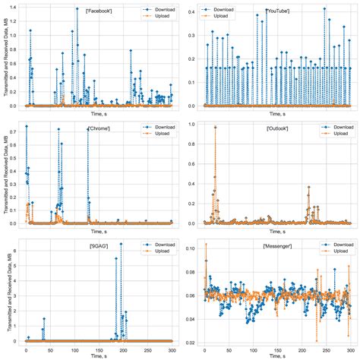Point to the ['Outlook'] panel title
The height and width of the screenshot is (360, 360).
277,128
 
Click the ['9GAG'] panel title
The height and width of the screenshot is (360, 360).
99,248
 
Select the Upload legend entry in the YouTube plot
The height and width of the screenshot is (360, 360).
220,16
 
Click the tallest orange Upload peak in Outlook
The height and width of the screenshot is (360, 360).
215,126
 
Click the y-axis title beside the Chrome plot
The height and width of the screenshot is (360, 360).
5,175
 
